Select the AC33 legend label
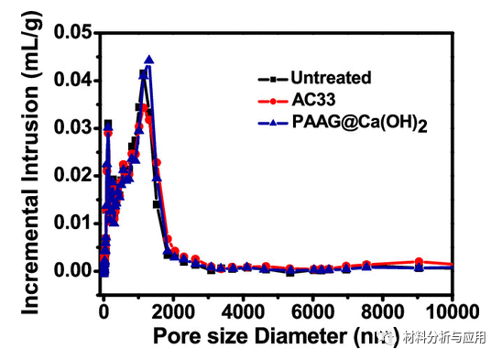pos(311,100)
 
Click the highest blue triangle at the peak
pos(148,60)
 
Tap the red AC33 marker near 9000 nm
pos(419,261)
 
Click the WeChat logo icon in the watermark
pos(389,337)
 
